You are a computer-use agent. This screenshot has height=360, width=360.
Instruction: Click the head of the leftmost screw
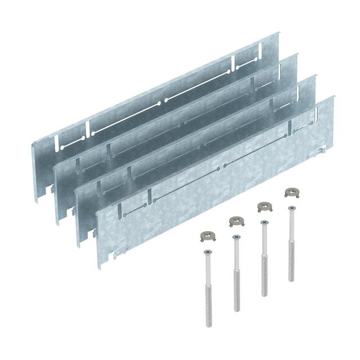(x=207, y=251)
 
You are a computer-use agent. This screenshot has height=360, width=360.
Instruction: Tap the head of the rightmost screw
(x=291, y=209)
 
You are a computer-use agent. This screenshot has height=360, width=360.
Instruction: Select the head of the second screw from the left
(x=235, y=237)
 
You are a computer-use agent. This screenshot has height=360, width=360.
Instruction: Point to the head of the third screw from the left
(x=263, y=223)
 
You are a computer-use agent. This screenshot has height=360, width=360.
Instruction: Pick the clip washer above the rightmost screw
(x=291, y=192)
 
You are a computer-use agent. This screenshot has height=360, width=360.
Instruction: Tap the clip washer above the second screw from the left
(x=235, y=221)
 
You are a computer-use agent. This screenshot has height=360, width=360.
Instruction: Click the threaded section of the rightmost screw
(x=291, y=264)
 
